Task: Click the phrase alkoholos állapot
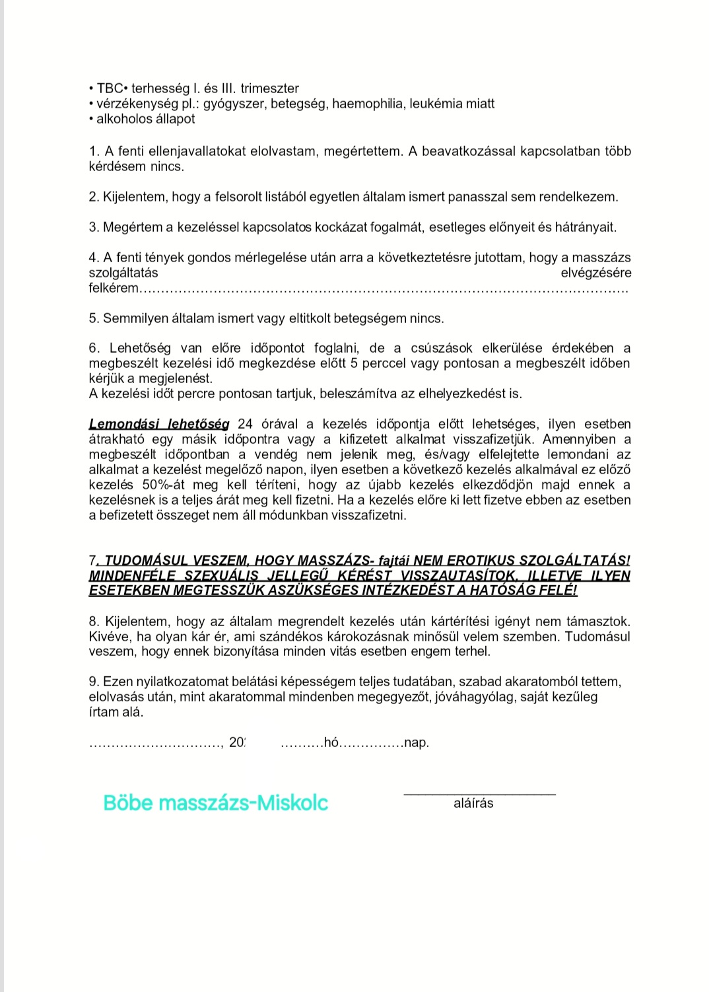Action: [x=145, y=119]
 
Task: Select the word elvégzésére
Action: [x=595, y=273]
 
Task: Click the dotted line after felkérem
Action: [x=383, y=289]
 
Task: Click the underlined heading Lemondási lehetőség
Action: [x=159, y=424]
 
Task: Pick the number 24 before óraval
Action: [x=245, y=424]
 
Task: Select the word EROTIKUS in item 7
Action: [x=475, y=560]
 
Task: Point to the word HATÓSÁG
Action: [x=508, y=590]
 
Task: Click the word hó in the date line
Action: [x=331, y=743]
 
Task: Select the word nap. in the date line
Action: [x=417, y=743]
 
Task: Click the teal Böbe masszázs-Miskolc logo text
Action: [x=215, y=803]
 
